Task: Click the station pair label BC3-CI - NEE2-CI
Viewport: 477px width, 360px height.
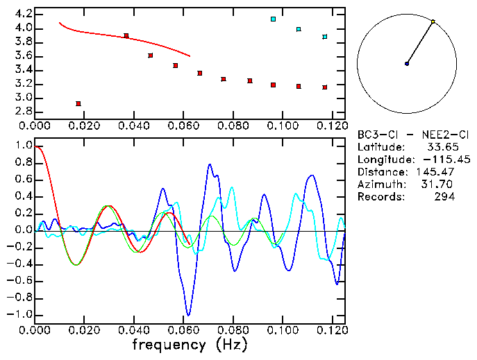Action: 405,134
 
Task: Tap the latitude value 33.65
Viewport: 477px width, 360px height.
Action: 440,146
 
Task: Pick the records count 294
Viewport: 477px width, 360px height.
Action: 445,196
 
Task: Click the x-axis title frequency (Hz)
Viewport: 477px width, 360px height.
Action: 189,343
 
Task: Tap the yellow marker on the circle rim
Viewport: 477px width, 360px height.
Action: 433,22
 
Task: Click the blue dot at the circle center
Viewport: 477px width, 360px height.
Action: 407,64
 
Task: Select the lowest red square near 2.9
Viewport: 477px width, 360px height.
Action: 78,103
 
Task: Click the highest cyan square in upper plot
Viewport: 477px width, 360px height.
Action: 274,19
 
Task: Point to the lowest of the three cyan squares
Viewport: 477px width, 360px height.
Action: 324,37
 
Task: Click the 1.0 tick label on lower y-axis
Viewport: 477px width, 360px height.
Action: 23,146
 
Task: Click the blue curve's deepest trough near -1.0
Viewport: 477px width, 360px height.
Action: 187,315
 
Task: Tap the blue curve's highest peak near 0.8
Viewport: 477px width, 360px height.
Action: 210,164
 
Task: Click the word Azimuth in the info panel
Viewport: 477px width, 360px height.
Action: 380,184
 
